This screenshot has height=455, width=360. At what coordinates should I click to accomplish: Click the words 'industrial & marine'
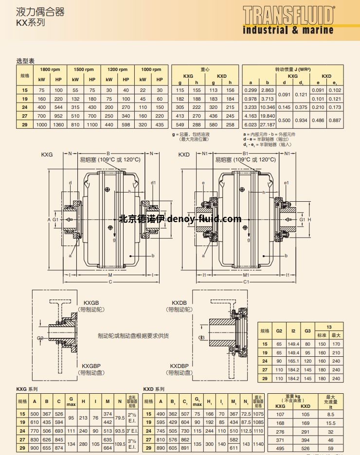(x=288, y=30)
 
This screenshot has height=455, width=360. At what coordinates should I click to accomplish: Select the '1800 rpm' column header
(x=50, y=70)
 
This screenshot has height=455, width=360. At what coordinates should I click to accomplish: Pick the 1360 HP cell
(x=58, y=124)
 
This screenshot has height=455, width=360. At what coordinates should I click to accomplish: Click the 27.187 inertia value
(x=267, y=124)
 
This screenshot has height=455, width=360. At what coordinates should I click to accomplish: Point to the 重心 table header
(x=205, y=70)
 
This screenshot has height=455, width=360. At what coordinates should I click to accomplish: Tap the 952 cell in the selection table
(x=58, y=116)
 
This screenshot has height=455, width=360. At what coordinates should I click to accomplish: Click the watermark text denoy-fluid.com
(x=204, y=219)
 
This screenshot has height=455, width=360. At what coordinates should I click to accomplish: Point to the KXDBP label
(x=179, y=366)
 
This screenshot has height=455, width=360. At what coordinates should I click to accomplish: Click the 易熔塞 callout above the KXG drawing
(x=110, y=159)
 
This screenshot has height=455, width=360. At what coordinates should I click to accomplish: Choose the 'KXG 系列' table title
(x=27, y=389)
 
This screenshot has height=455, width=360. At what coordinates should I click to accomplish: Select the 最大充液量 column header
(x=330, y=400)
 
